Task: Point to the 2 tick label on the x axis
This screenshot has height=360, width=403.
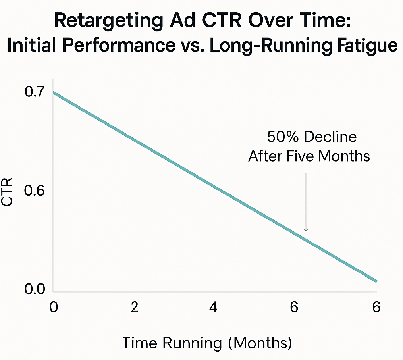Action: click(134, 308)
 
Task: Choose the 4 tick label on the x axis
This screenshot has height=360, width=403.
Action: click(214, 308)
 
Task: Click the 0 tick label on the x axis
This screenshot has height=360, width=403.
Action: click(53, 308)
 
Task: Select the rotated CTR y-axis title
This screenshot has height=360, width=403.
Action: click(8, 192)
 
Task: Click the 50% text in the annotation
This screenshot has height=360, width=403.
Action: click(283, 137)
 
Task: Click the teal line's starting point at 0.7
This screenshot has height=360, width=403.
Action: click(54, 92)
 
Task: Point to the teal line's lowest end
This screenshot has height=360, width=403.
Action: click(376, 281)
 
